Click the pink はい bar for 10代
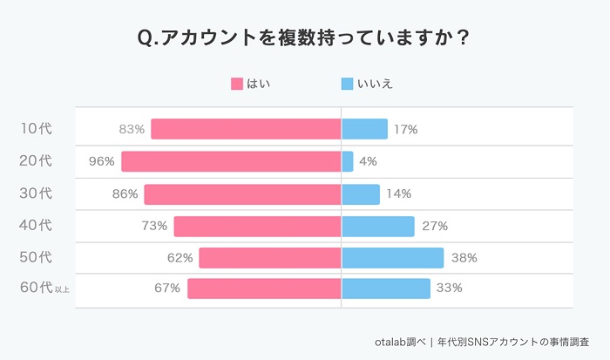coord(246,129)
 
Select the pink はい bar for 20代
coord(231,161)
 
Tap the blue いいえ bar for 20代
coord(348,161)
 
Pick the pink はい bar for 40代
coord(257,226)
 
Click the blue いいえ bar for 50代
coord(392,258)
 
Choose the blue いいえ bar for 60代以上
coord(386,289)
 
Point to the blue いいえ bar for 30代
coord(361,194)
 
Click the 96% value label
coord(102,161)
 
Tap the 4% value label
coord(368,161)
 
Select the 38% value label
coord(464,258)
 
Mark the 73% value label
coord(154,226)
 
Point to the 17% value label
coord(405,129)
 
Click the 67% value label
coord(167,289)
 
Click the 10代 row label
coord(36,129)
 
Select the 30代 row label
coord(36,194)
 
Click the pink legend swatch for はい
coord(237,84)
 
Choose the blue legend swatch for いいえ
coord(347,84)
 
